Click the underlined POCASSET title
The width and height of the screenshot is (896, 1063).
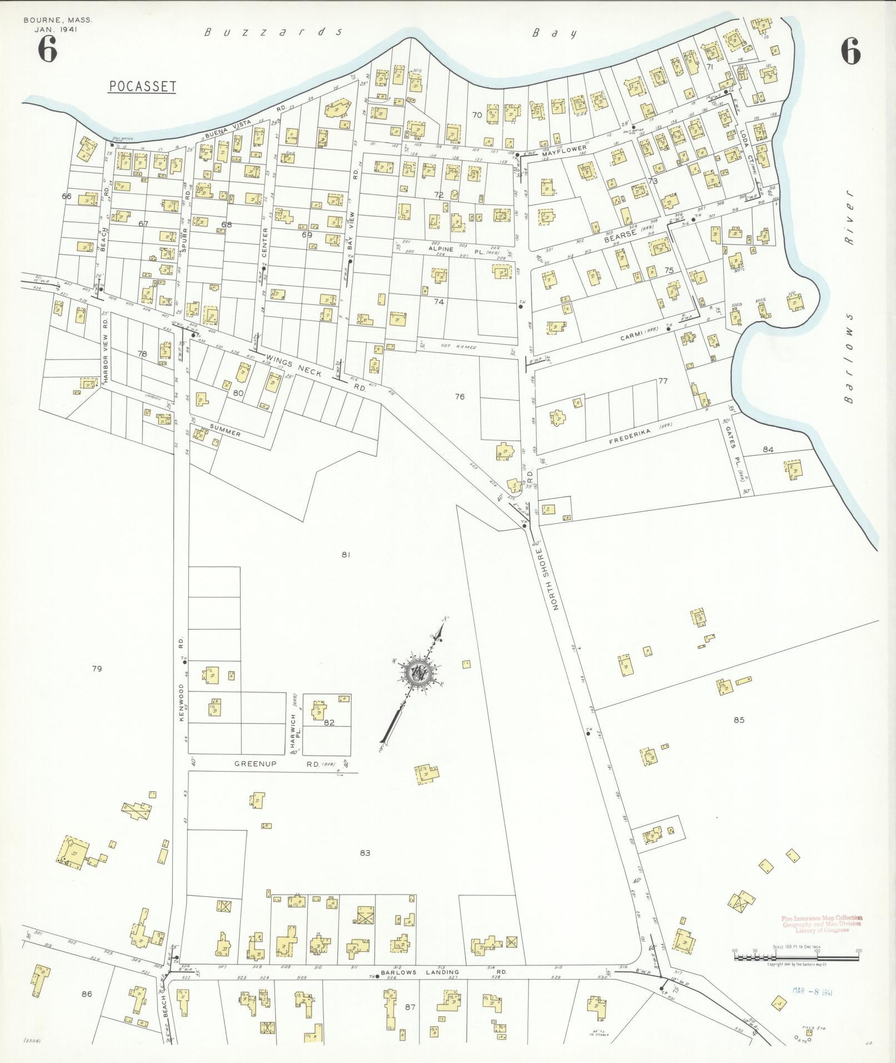(x=142, y=86)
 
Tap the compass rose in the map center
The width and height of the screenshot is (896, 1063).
(x=416, y=673)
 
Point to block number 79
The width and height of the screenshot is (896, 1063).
(x=97, y=668)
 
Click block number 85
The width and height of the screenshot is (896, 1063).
(x=738, y=720)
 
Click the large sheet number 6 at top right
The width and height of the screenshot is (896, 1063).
(x=850, y=52)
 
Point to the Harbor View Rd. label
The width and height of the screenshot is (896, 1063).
(x=104, y=351)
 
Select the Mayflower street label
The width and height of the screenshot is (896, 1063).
(x=564, y=149)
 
